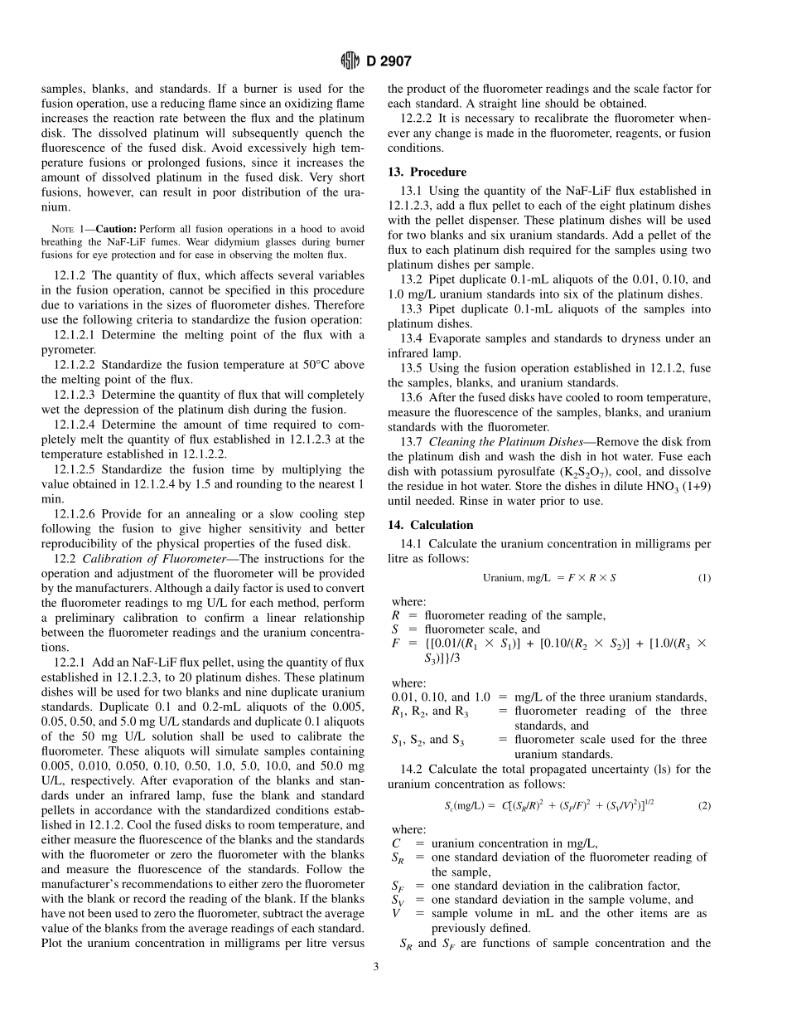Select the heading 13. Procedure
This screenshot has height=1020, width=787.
click(x=427, y=172)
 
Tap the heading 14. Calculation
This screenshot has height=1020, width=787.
click(x=431, y=525)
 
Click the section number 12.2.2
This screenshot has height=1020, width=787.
click(x=417, y=119)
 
